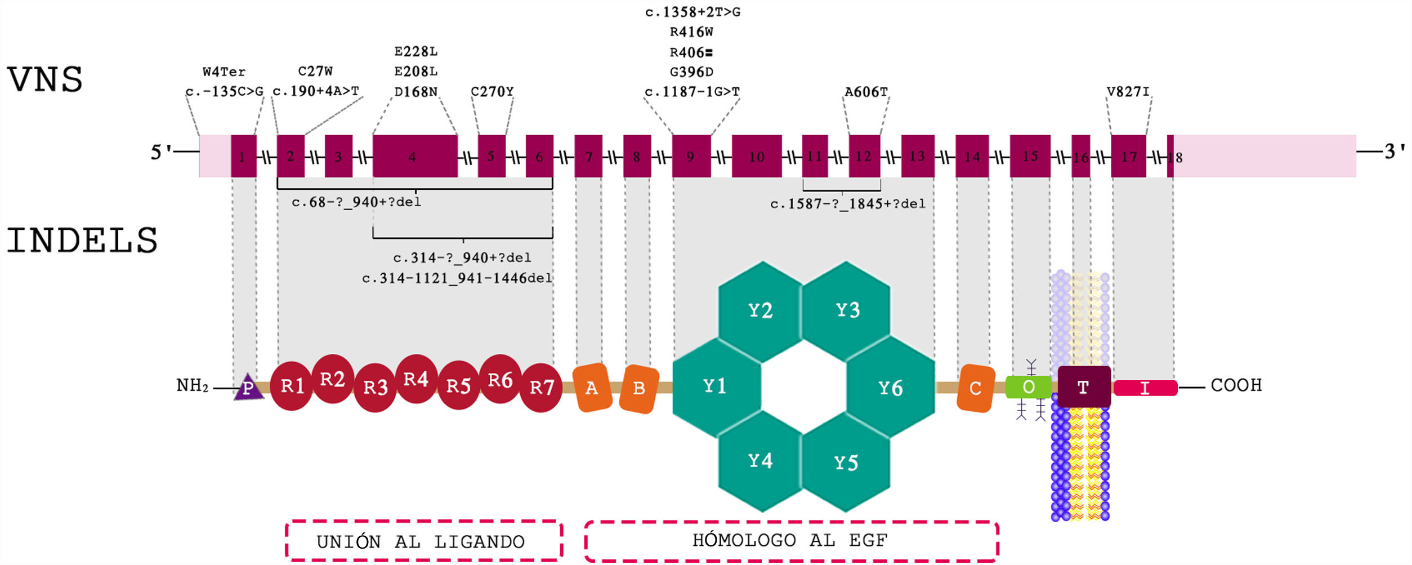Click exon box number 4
tap(415, 156)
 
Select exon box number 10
tap(756, 156)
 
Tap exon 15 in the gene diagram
tap(1030, 156)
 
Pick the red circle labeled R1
tap(292, 386)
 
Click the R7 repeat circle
tap(542, 388)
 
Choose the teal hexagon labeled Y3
tap(847, 310)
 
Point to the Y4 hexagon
tap(760, 461)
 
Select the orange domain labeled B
tap(639, 388)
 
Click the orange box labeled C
tap(975, 388)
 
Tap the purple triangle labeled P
tap(248, 388)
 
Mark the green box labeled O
tap(1028, 387)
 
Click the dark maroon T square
tap(1084, 387)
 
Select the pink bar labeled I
tap(1145, 388)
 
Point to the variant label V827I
tap(1128, 92)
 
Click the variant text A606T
tap(866, 92)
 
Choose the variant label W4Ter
tap(224, 72)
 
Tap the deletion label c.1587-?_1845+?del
tap(847, 204)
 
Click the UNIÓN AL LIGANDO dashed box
tap(423, 541)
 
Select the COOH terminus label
tap(1236, 385)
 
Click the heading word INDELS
tap(82, 241)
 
